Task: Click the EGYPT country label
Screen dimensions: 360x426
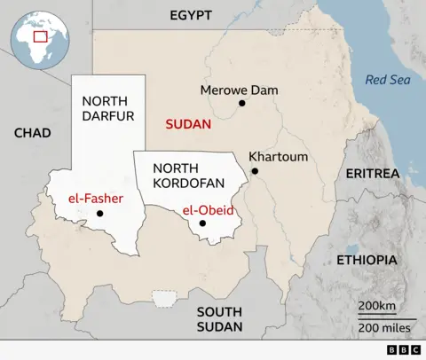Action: coord(191,14)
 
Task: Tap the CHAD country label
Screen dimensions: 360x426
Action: coord(33,133)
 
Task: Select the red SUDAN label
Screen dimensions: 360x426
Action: coord(188,125)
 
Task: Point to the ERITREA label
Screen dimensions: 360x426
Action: coord(373,173)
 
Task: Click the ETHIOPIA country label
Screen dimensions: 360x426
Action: coord(367,260)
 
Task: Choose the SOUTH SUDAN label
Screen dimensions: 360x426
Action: coord(219,319)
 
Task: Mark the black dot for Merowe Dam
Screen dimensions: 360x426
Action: coord(241,103)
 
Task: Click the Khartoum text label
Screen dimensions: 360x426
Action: coord(279,157)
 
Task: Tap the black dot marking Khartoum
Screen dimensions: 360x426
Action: coord(255,171)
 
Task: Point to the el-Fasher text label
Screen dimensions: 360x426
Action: coord(95,198)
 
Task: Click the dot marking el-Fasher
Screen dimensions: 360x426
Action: coord(99,214)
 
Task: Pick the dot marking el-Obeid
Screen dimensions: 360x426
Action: coord(202,223)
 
